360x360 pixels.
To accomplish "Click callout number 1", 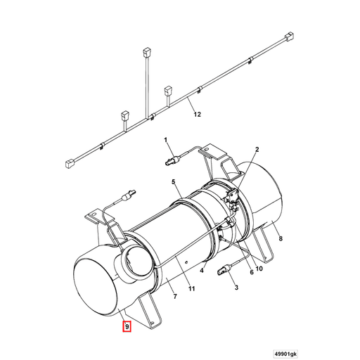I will click(x=167, y=141).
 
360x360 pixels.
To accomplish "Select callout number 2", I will click(x=257, y=150).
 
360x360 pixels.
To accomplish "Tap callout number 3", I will click(x=236, y=288).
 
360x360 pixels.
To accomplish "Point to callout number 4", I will click(x=202, y=270).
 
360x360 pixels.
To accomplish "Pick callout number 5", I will click(x=171, y=183).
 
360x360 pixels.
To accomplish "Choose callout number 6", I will click(x=250, y=272).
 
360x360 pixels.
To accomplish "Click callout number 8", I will click(x=281, y=239).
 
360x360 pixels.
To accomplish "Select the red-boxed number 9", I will click(x=127, y=326).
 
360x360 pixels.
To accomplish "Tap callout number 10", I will click(x=259, y=268).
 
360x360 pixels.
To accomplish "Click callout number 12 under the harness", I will click(x=197, y=115).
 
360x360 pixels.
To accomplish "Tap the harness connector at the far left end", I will click(x=70, y=165).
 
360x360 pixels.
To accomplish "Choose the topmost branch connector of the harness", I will click(x=146, y=51).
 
